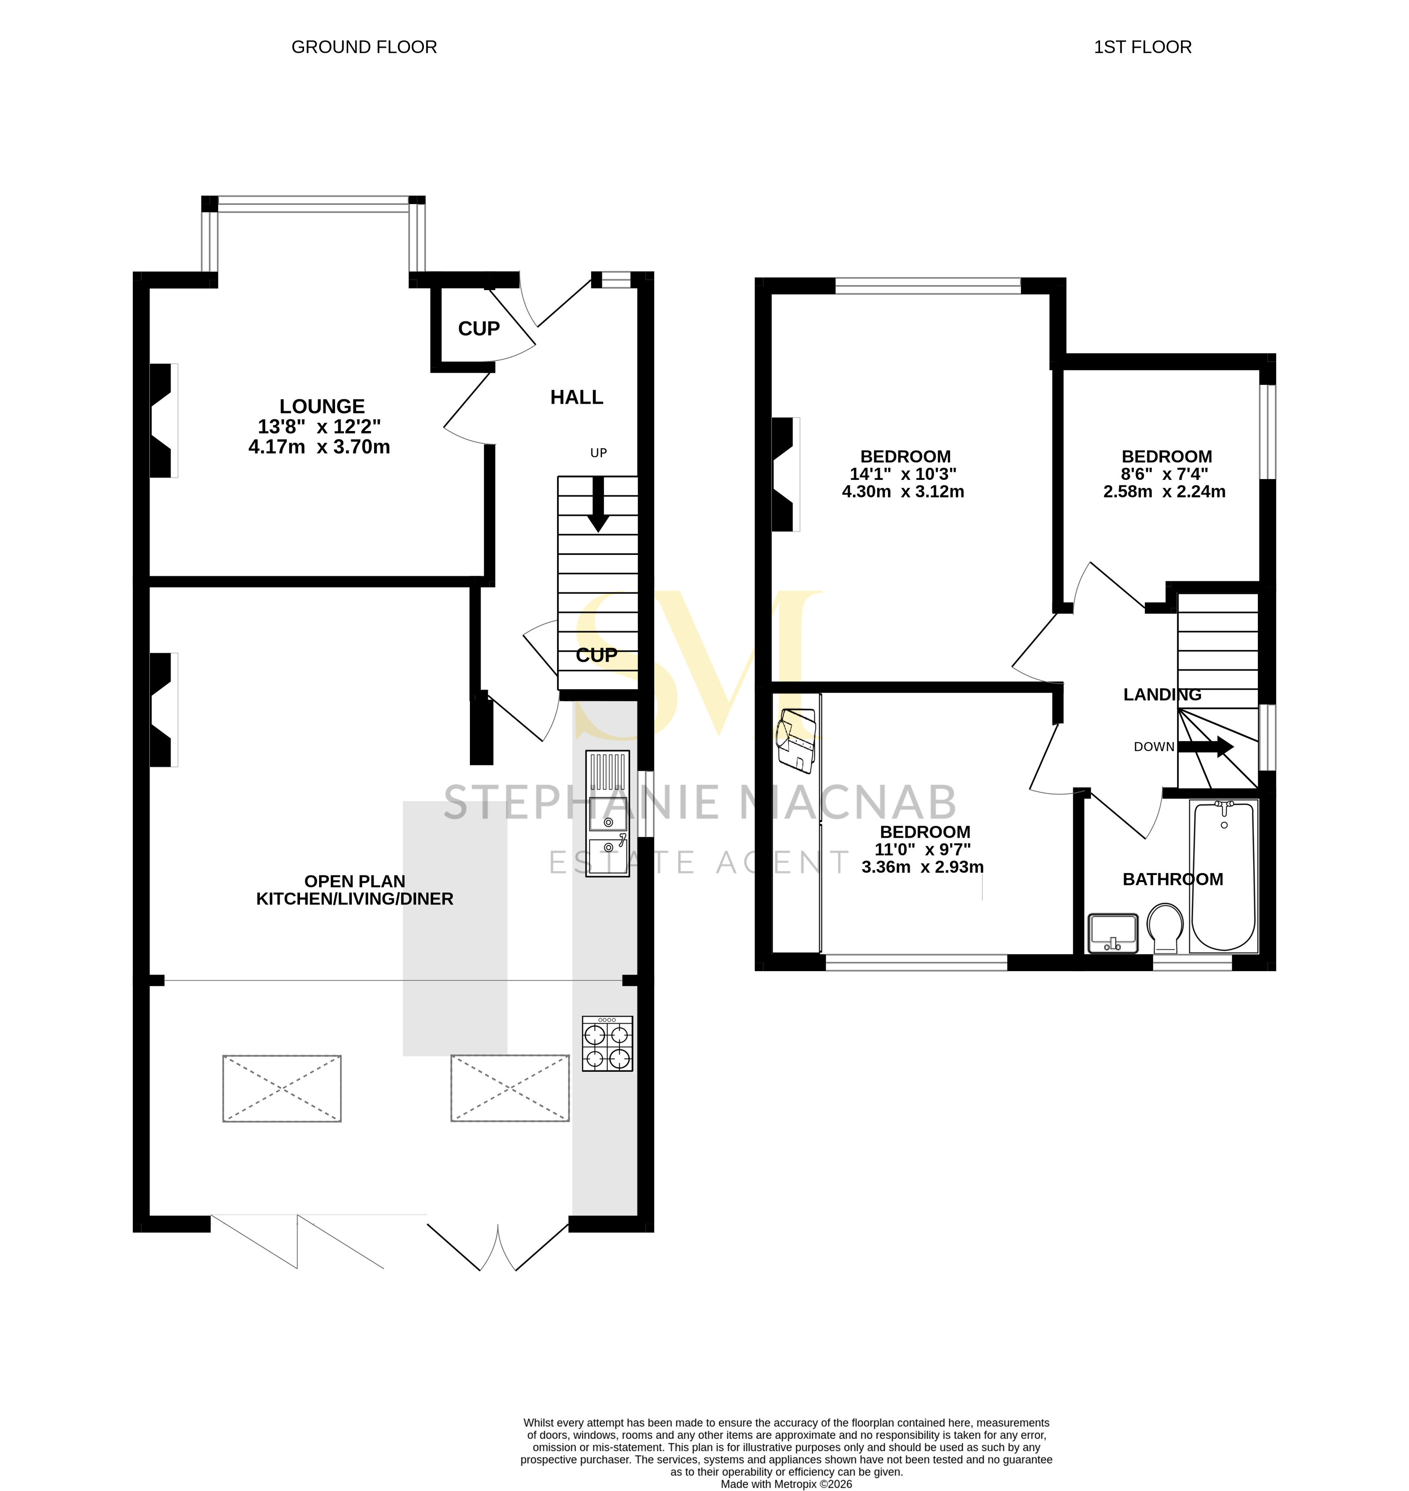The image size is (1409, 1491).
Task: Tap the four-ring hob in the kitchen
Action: point(607,1044)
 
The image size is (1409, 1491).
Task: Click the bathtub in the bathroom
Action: point(1224,876)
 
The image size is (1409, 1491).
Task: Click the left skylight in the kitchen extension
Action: point(282,1089)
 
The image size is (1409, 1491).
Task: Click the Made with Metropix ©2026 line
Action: point(786,1484)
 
